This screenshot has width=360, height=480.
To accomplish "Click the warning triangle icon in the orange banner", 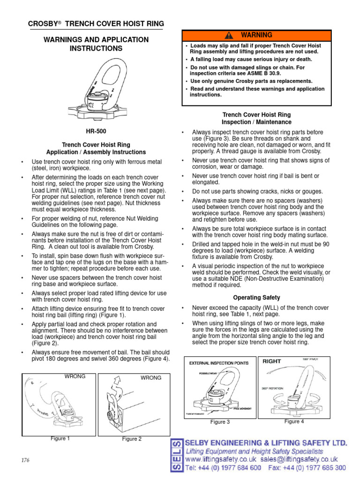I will click(x=229, y=36).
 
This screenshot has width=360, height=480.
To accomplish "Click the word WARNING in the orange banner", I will click(x=256, y=35).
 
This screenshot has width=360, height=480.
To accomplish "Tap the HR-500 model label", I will click(x=96, y=132).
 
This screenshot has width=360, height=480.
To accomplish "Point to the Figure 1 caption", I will click(x=60, y=439).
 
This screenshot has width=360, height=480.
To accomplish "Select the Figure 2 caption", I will click(x=132, y=439).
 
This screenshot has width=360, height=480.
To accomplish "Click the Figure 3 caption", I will click(x=220, y=422).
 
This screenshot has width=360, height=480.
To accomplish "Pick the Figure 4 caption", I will click(x=294, y=421).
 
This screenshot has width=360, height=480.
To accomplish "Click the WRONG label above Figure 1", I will click(x=75, y=376).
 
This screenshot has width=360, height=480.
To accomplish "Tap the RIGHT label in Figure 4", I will click(x=272, y=361).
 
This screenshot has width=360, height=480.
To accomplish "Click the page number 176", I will click(x=25, y=460).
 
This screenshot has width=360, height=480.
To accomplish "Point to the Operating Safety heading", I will click(x=256, y=298).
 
